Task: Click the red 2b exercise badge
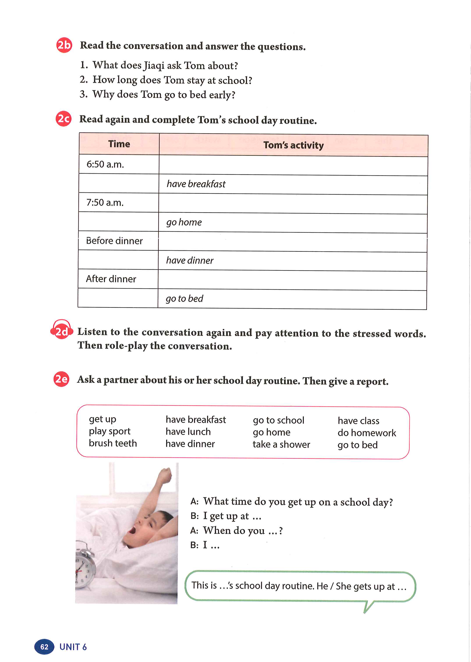coord(64,45)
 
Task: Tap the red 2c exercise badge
coord(64,119)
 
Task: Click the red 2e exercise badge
coord(61,379)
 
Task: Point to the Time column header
coord(119,144)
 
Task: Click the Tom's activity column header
coord(293,145)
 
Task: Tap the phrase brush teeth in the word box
coord(113,443)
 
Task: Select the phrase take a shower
coord(281,444)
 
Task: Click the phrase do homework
coord(367,433)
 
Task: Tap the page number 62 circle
coord(44,647)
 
